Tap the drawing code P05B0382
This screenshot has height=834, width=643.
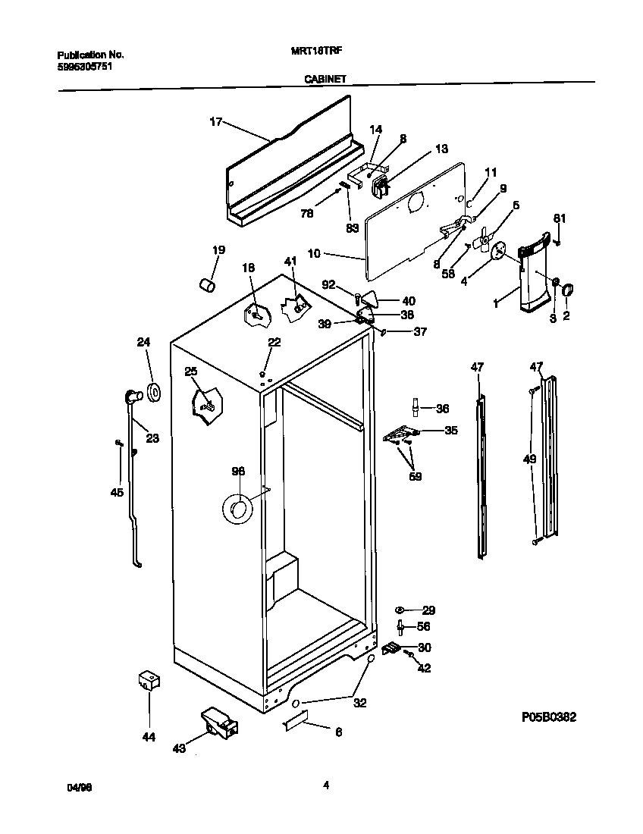[x=554, y=716]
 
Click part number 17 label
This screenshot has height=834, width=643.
[x=216, y=121]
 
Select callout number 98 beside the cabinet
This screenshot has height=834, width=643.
[x=238, y=471]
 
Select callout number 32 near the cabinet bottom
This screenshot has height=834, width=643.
[x=359, y=703]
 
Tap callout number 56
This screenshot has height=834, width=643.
[x=424, y=626]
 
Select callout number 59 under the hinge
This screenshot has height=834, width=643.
[x=416, y=476]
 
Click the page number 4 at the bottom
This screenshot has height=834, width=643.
[x=325, y=785]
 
